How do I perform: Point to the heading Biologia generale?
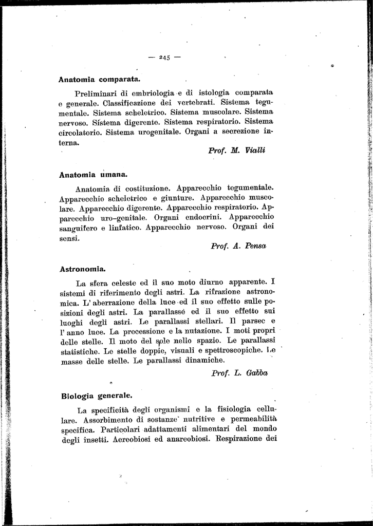pos(97,396)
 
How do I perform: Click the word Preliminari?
pos(97,93)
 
